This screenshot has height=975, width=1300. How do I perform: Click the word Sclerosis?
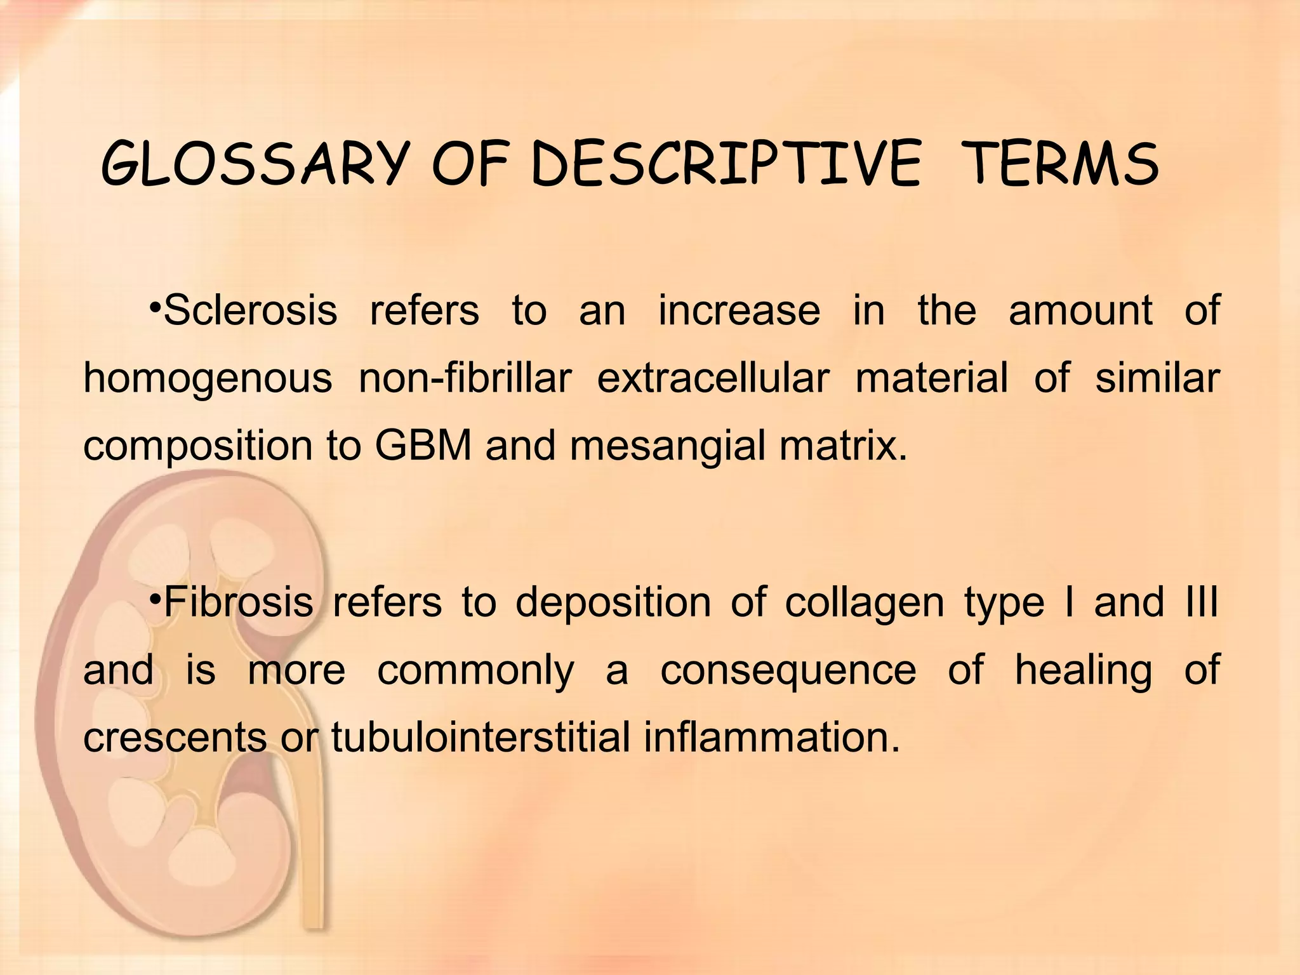pos(250,310)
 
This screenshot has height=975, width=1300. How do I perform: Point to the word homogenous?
pos(208,378)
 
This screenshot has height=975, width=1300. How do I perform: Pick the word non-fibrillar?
pos(465,378)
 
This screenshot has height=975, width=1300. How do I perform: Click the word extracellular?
pos(713,378)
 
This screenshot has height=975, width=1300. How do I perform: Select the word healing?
pos(1083,670)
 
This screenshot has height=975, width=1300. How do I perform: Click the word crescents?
pos(175,738)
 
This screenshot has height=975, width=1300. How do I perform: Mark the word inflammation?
pos(772,738)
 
